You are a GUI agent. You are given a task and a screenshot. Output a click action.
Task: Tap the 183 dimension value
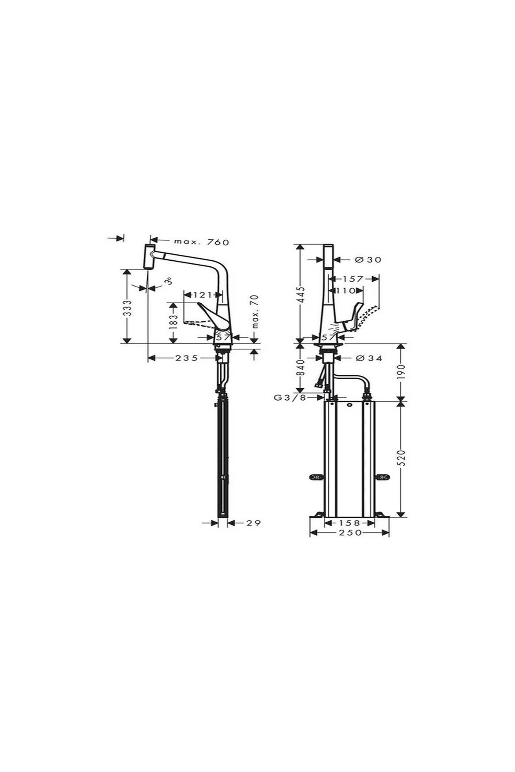(x=173, y=322)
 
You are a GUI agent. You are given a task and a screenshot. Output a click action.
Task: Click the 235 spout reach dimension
(x=187, y=358)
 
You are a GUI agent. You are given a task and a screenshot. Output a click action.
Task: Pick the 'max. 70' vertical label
(x=255, y=311)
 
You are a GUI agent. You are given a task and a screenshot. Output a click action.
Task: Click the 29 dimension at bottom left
(x=254, y=523)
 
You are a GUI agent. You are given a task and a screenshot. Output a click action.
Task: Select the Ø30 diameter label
(x=368, y=259)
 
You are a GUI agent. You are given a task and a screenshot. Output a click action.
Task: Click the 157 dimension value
(x=353, y=279)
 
